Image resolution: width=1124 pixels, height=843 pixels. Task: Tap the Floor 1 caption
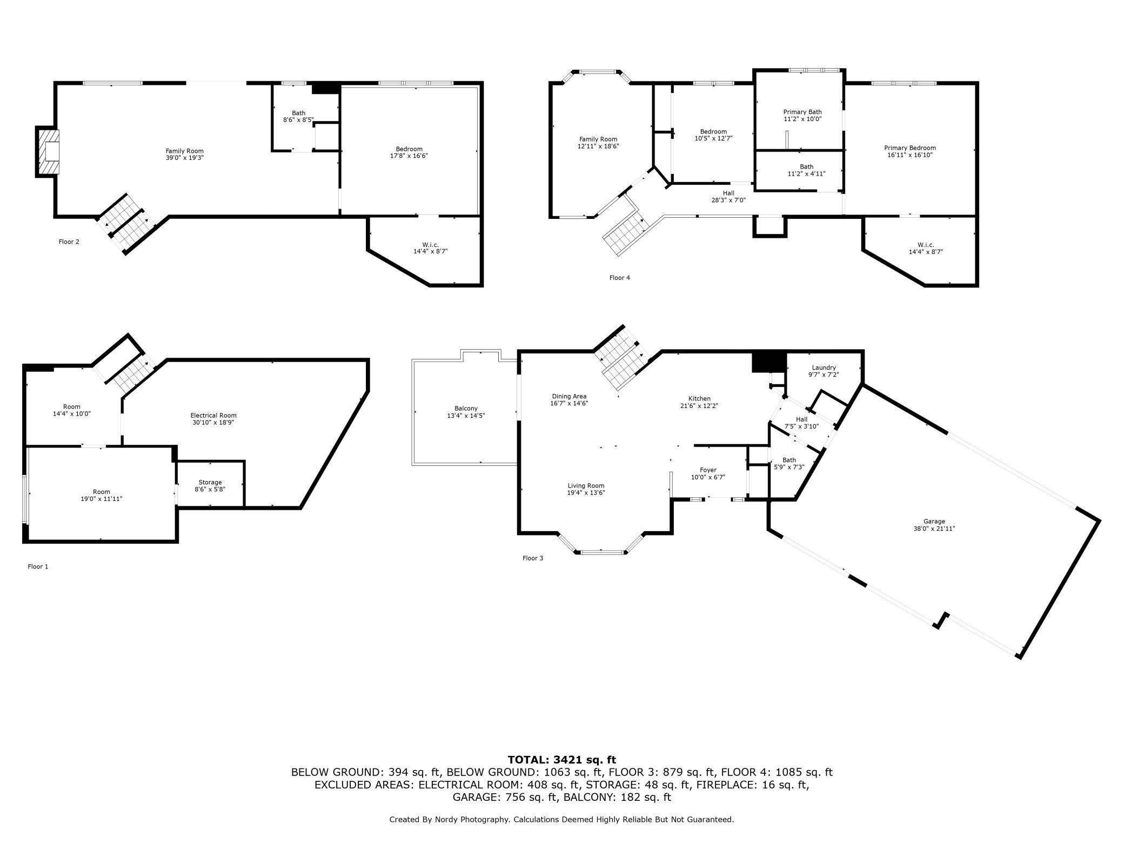coord(38,566)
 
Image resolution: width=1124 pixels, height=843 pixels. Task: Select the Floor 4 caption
coord(620,278)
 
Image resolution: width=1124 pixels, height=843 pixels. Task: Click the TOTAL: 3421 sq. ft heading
coord(562,760)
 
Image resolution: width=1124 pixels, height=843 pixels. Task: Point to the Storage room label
coord(210,482)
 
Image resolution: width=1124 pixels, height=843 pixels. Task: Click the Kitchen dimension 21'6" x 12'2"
coord(699,406)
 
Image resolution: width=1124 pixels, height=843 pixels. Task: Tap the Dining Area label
coord(569,396)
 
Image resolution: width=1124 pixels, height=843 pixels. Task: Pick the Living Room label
coord(586,486)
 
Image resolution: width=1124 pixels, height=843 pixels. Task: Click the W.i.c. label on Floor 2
coord(431,245)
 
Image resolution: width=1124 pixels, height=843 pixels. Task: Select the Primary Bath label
coord(802,112)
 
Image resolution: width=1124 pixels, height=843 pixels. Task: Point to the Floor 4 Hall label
coord(728,193)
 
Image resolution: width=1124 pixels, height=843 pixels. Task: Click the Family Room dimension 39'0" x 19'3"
coord(185,158)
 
